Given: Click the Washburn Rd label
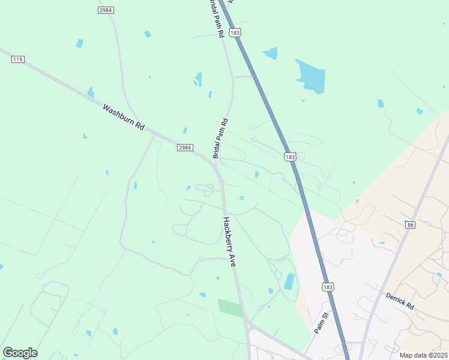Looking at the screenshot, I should [124, 117].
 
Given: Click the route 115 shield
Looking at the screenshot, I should [17, 59].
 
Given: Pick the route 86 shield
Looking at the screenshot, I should [410, 225].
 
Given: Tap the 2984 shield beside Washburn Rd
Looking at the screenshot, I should [185, 148].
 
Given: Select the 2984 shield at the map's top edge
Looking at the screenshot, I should [106, 10].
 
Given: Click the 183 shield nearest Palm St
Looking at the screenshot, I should [327, 287].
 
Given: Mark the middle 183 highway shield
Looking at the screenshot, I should [290, 157].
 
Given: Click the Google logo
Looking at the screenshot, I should [20, 353].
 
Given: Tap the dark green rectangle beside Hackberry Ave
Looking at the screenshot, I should [230, 308].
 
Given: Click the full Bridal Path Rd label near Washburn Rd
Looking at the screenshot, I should [220, 139].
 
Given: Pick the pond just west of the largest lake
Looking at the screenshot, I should [271, 53].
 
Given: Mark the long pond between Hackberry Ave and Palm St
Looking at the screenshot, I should [289, 281].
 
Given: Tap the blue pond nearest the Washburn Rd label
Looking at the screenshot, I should [91, 92].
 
